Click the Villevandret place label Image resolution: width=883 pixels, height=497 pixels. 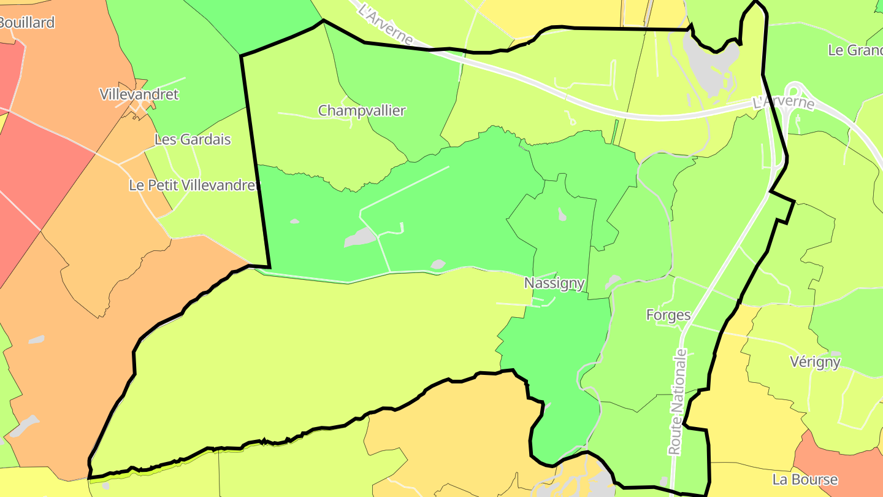[x=139, y=94]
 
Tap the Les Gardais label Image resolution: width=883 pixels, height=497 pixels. [x=193, y=139]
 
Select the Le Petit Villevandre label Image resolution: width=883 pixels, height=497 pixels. [x=191, y=185]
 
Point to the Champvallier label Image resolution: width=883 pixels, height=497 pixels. [x=362, y=110]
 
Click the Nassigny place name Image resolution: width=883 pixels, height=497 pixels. [x=554, y=283]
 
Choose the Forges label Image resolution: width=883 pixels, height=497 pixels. [x=668, y=315]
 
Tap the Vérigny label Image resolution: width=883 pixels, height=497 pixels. [x=815, y=361]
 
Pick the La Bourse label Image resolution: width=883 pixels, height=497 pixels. [x=805, y=479]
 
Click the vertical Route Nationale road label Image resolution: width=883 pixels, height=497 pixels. [x=678, y=402]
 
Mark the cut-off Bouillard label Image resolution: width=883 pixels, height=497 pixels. [x=27, y=23]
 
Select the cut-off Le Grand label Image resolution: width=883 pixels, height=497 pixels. [x=855, y=50]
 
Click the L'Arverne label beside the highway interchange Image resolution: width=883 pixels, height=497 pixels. [x=784, y=102]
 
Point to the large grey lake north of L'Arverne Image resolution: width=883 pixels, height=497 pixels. [x=711, y=61]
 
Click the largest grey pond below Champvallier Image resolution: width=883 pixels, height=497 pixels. [x=361, y=237]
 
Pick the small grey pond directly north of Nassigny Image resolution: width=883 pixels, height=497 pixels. [x=562, y=214]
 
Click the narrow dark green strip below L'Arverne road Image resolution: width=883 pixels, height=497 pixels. [x=615, y=131]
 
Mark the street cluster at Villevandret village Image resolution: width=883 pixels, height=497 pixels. [x=136, y=108]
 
